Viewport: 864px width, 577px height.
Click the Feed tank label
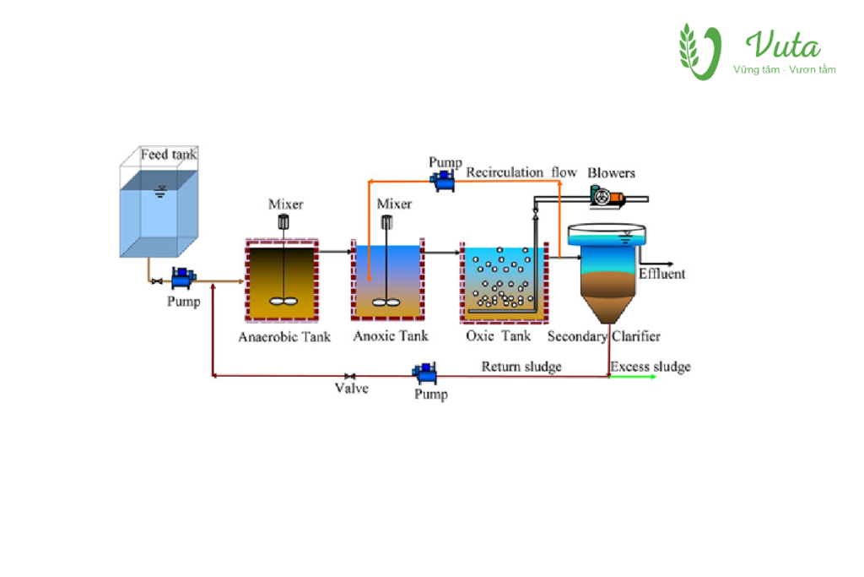point(169,155)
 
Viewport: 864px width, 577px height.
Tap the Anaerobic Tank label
point(284,336)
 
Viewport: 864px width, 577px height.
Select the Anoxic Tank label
point(391,335)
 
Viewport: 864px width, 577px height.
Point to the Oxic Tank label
point(499,335)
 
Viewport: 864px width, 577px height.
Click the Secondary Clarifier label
point(603,336)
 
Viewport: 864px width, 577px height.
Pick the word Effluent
point(661,274)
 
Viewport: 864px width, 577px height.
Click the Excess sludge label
point(650,366)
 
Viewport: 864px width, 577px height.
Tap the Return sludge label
point(521,366)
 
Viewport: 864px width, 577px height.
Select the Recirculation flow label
point(521,172)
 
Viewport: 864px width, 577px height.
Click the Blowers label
point(612,172)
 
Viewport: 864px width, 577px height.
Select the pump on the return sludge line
point(424,371)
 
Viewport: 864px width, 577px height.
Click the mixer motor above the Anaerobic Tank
point(284,222)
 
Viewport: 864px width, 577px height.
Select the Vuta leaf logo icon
point(700,52)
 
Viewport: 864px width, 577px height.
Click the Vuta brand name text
point(782,45)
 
